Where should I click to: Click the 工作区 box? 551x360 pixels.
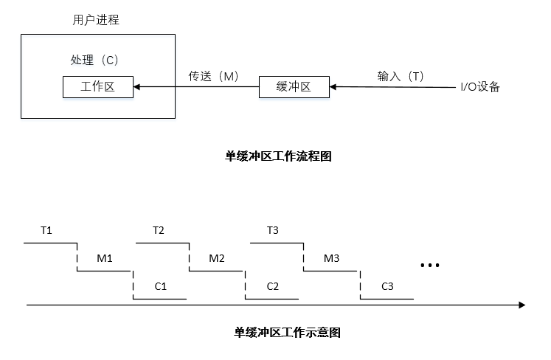(97, 87)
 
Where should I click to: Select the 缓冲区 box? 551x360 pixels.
(294, 87)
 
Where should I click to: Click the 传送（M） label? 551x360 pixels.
(214, 75)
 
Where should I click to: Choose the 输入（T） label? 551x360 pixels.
(401, 75)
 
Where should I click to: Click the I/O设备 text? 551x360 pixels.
(480, 87)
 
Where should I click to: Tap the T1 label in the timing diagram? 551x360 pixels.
(46, 230)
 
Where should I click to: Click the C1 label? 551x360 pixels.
(161, 285)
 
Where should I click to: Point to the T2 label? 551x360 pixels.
(159, 230)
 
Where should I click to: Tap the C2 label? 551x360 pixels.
(272, 285)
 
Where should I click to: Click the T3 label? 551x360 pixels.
(272, 230)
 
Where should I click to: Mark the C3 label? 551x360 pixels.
(388, 285)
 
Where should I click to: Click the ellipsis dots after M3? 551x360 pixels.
(429, 265)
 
